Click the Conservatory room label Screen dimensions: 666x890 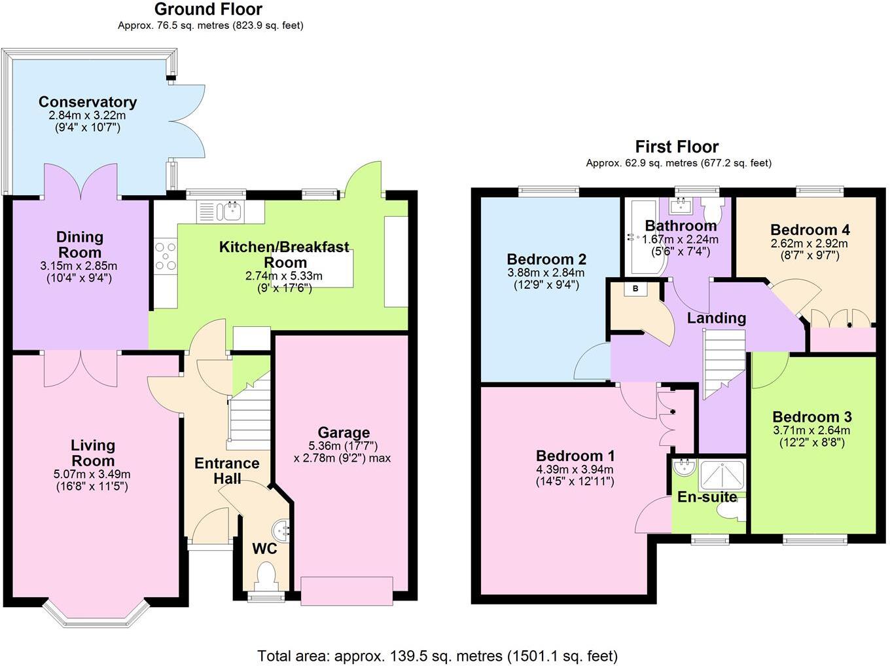[x=88, y=102]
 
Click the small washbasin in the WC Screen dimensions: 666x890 [x=282, y=527]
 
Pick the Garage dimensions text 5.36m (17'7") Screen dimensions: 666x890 [x=344, y=445]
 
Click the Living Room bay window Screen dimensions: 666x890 [x=92, y=612]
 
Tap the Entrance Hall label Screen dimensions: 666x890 [x=226, y=471]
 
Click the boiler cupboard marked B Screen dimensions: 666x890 [x=634, y=289]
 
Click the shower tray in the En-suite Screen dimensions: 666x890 [x=722, y=475]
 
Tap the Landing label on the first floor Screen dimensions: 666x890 [x=716, y=318]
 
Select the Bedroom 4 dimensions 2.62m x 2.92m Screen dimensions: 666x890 [x=809, y=243]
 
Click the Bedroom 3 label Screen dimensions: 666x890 [x=811, y=417]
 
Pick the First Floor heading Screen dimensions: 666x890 [x=677, y=147]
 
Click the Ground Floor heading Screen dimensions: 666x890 [x=208, y=9]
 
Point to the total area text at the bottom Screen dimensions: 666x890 [x=437, y=656]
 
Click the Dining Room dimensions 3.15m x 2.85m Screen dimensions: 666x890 [x=79, y=266]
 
